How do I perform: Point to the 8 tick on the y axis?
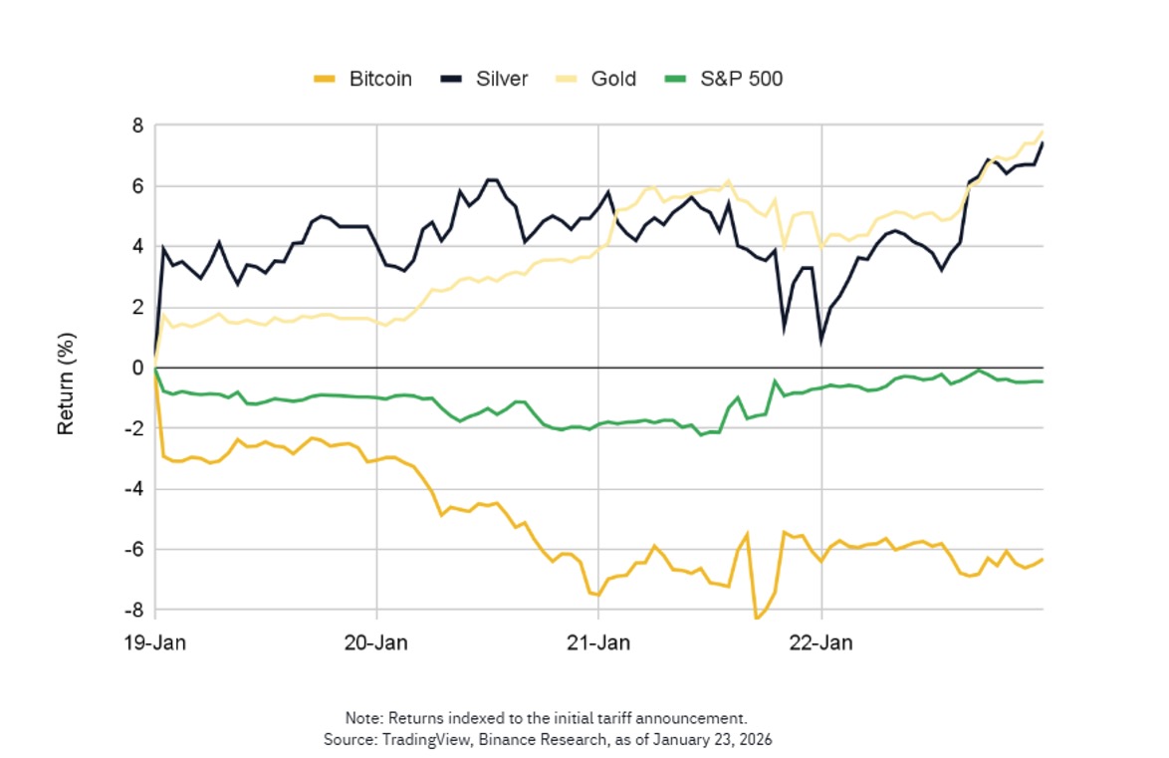coord(136,126)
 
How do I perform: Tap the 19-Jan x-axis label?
coord(156,643)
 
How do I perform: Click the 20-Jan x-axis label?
coord(376,643)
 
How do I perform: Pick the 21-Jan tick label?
coord(597,643)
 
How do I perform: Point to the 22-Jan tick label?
coord(821,643)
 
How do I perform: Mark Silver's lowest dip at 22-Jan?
coord(820,342)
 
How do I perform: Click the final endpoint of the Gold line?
coord(1043,131)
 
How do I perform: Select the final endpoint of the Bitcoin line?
coord(1043,559)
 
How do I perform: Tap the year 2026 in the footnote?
coord(754,740)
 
